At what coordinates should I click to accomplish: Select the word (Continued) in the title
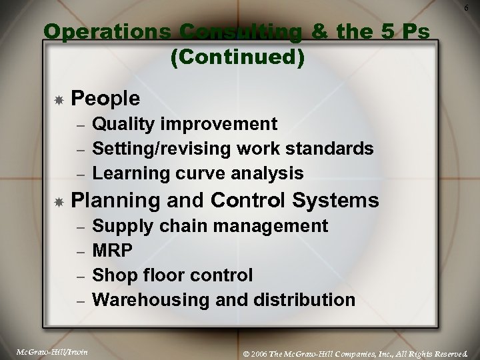(x=238, y=58)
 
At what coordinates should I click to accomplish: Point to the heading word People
(x=105, y=99)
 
